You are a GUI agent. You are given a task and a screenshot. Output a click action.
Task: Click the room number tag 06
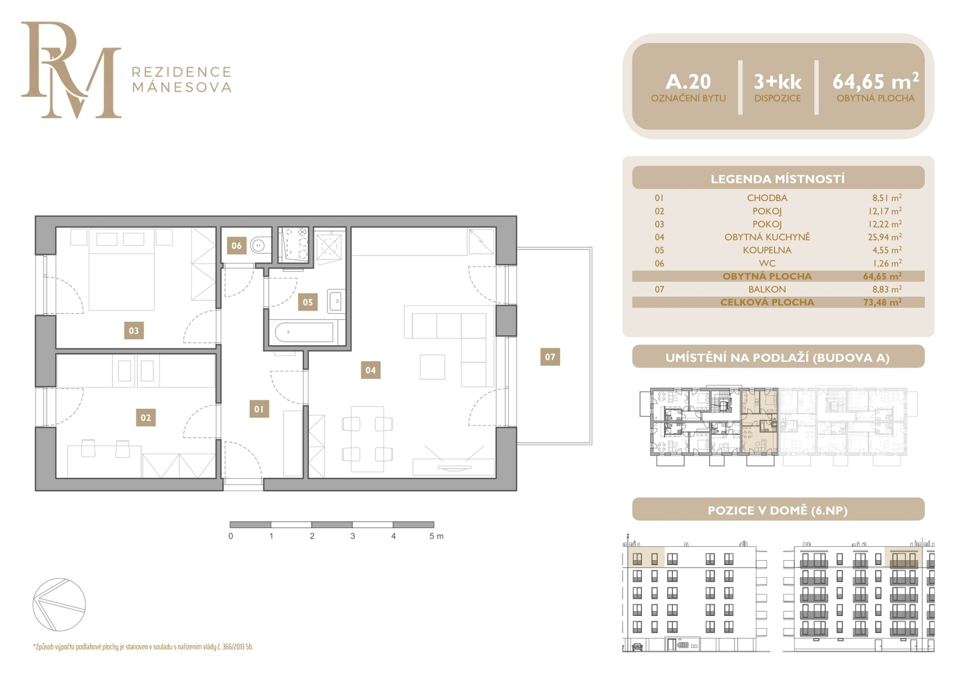(x=236, y=246)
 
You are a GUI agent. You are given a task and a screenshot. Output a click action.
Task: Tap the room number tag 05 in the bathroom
(x=308, y=302)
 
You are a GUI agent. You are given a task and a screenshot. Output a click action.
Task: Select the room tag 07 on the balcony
(x=550, y=357)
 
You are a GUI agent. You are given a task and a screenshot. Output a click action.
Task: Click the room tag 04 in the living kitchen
(x=370, y=370)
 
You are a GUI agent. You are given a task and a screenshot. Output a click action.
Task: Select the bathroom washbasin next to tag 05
(x=336, y=301)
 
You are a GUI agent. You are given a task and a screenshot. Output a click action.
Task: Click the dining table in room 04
(x=367, y=438)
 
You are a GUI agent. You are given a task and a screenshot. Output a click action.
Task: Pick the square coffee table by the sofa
(x=432, y=367)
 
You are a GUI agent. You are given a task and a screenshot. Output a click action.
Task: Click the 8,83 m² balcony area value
(x=887, y=289)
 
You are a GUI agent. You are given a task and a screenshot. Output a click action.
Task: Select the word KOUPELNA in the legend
(x=767, y=250)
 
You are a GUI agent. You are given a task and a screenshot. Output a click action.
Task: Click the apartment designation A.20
(x=688, y=81)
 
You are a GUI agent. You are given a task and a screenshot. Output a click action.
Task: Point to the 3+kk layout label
(x=778, y=81)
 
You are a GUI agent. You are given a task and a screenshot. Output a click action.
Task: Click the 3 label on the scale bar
(x=352, y=536)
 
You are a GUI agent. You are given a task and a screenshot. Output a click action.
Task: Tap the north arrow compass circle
(x=59, y=604)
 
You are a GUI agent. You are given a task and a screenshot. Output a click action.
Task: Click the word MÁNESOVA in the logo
(x=181, y=87)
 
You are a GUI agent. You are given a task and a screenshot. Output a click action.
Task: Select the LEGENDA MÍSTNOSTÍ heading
(x=778, y=179)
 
